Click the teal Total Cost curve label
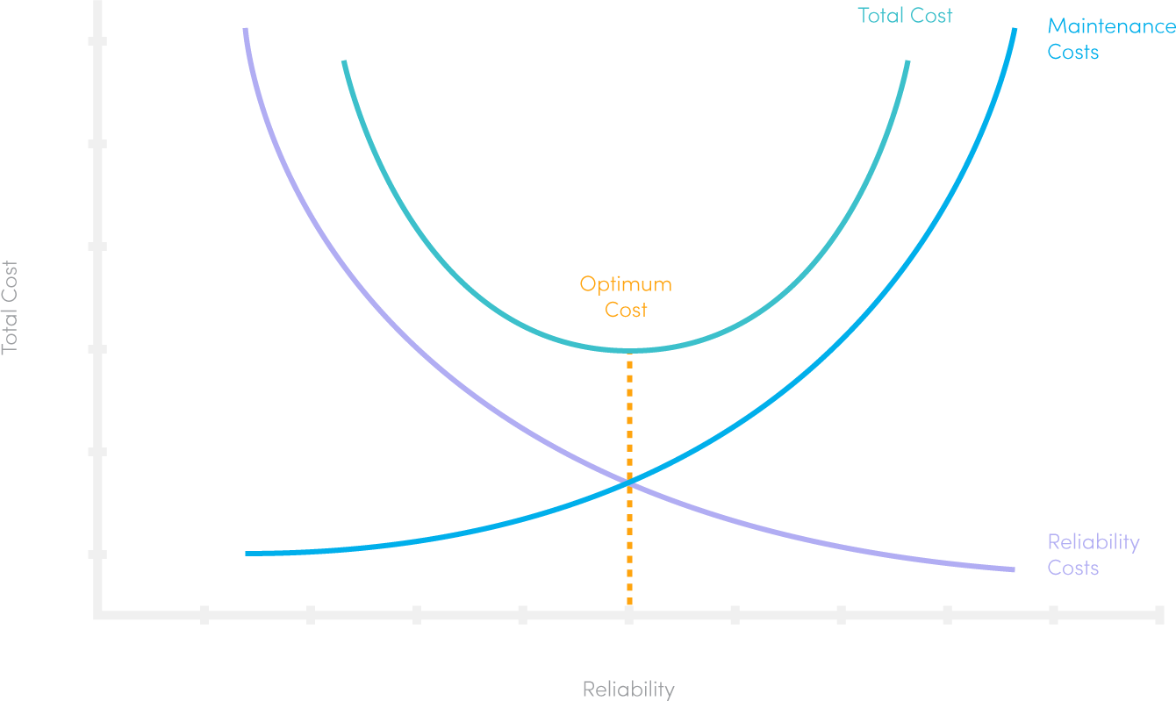pyautogui.click(x=905, y=15)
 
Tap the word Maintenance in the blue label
pyautogui.click(x=1111, y=26)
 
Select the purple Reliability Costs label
pyautogui.click(x=1093, y=554)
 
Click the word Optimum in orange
pyautogui.click(x=626, y=284)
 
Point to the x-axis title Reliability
pyautogui.click(x=628, y=689)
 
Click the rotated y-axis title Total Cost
pyautogui.click(x=10, y=307)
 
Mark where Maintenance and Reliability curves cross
pyautogui.click(x=629, y=481)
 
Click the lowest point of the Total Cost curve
pyautogui.click(x=629, y=350)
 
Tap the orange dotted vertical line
pyautogui.click(x=629, y=544)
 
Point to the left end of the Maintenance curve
pyautogui.click(x=247, y=554)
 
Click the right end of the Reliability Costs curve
pyautogui.click(x=1013, y=570)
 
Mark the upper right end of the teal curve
pyautogui.click(x=907, y=62)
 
